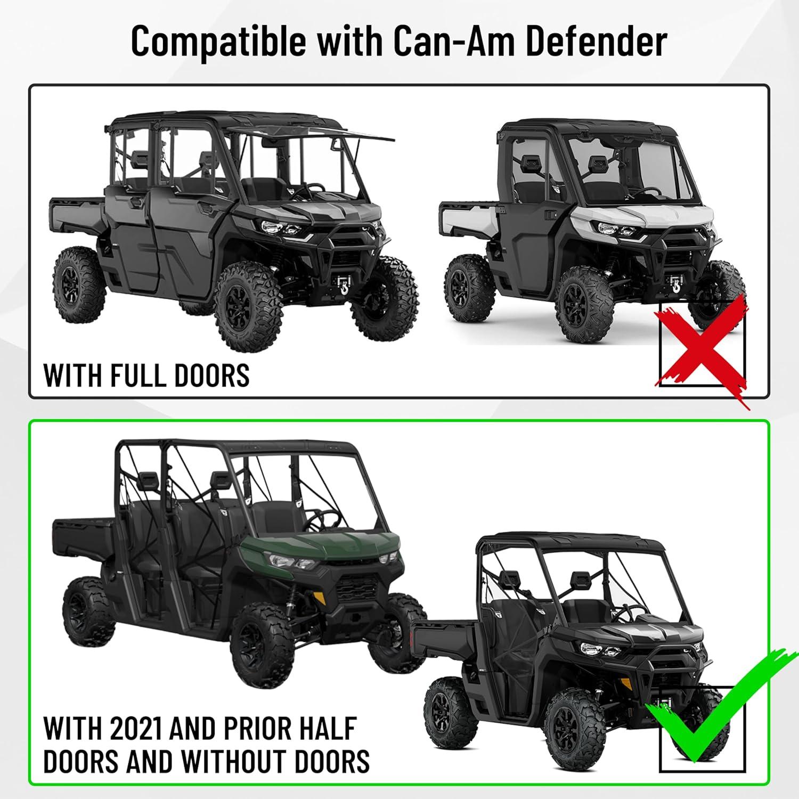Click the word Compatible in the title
click(218, 42)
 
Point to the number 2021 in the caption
click(136, 729)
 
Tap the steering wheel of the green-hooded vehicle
click(322, 519)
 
